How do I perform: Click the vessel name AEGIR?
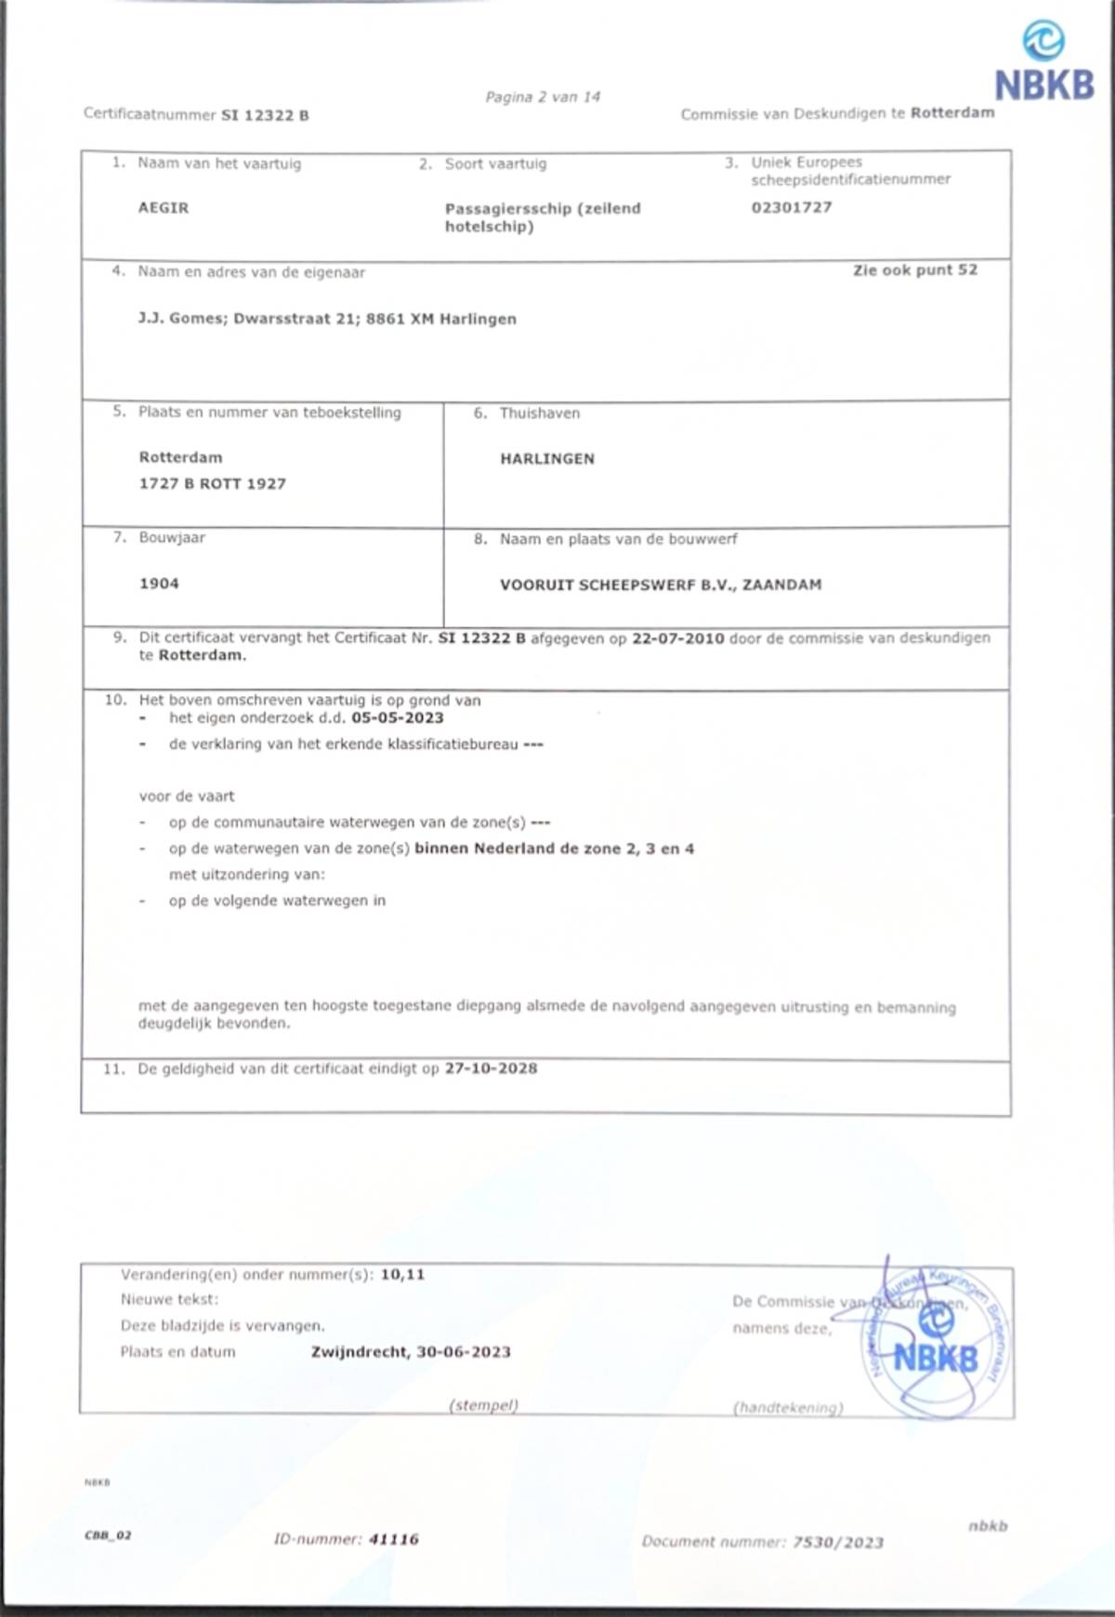(x=164, y=208)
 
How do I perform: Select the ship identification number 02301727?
(x=792, y=207)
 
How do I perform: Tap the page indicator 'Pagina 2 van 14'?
(x=543, y=97)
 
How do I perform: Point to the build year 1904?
(x=159, y=584)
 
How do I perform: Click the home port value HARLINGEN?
(x=547, y=459)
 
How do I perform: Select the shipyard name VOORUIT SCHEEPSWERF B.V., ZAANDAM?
(x=661, y=585)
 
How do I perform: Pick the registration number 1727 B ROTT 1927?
(x=213, y=484)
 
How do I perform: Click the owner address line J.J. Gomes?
(x=327, y=319)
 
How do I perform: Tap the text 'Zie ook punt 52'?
(x=915, y=270)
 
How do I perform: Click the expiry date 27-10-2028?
(x=491, y=1069)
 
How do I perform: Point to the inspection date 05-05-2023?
(x=398, y=718)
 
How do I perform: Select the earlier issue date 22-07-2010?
(x=678, y=638)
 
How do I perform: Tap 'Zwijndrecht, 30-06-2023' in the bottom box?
(x=411, y=1352)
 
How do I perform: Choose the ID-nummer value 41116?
(x=394, y=1539)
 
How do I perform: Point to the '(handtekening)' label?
(x=788, y=1408)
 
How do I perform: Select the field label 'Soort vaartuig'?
(x=495, y=164)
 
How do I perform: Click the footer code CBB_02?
(x=108, y=1535)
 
